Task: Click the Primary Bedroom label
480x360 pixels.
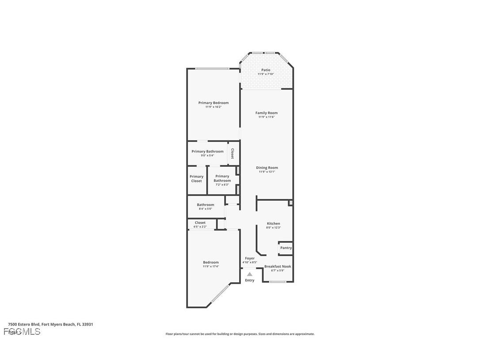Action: pyautogui.click(x=213, y=103)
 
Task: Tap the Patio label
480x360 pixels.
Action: pyautogui.click(x=266, y=70)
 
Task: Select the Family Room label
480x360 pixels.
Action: pyautogui.click(x=267, y=113)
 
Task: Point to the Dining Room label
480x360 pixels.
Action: pyautogui.click(x=267, y=168)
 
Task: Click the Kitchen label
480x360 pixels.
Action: pyautogui.click(x=273, y=223)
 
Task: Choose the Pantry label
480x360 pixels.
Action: pyautogui.click(x=286, y=248)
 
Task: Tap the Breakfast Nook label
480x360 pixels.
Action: pyautogui.click(x=278, y=266)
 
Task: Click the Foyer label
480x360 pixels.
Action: pyautogui.click(x=250, y=258)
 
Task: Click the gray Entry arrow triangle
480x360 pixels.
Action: pyautogui.click(x=250, y=274)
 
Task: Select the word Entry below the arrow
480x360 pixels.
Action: pyautogui.click(x=250, y=280)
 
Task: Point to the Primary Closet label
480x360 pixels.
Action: pyautogui.click(x=197, y=179)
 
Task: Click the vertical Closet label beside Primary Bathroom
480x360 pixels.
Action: pyautogui.click(x=232, y=153)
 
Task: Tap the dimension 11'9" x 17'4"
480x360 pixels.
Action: pyautogui.click(x=211, y=266)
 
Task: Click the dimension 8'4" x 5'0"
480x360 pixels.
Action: pyautogui.click(x=206, y=209)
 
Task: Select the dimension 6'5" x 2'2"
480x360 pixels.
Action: pyautogui.click(x=200, y=226)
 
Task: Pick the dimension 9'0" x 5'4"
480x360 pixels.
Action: pyautogui.click(x=207, y=155)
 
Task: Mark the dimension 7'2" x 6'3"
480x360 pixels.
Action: pyautogui.click(x=222, y=184)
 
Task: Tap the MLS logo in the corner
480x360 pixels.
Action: pyautogui.click(x=22, y=331)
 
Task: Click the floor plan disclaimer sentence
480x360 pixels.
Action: pyautogui.click(x=240, y=334)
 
